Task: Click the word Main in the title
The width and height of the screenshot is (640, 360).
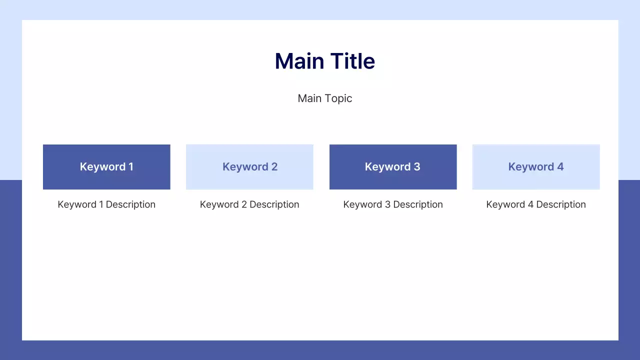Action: click(x=297, y=61)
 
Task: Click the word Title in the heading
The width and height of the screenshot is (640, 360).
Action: click(x=352, y=61)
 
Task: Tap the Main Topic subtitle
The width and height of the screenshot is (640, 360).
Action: click(x=325, y=98)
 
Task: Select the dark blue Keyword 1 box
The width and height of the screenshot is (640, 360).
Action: click(x=106, y=167)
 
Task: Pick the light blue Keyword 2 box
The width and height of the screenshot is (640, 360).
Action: click(x=249, y=167)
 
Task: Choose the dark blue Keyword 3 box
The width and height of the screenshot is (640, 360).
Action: click(x=393, y=167)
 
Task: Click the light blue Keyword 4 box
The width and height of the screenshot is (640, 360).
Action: click(x=536, y=167)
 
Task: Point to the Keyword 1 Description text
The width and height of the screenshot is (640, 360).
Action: click(x=106, y=204)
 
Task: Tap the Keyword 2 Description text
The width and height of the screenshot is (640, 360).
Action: click(x=249, y=204)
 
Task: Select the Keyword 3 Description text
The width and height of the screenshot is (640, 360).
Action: click(x=393, y=204)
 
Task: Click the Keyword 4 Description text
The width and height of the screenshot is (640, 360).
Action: click(x=536, y=204)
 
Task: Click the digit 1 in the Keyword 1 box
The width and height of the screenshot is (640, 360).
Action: click(x=131, y=167)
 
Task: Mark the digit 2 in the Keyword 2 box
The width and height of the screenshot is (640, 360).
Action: click(x=274, y=167)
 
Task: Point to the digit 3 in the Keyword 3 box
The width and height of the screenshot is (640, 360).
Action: click(x=417, y=167)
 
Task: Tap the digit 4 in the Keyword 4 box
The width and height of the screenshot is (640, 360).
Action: click(x=560, y=167)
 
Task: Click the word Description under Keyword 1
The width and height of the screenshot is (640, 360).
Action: click(x=130, y=204)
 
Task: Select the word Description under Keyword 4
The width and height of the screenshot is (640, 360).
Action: click(x=561, y=204)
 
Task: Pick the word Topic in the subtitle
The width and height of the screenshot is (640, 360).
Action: click(x=338, y=98)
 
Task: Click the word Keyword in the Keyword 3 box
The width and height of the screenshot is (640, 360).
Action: click(x=387, y=167)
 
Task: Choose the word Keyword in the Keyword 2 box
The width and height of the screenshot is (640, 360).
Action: click(x=244, y=167)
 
